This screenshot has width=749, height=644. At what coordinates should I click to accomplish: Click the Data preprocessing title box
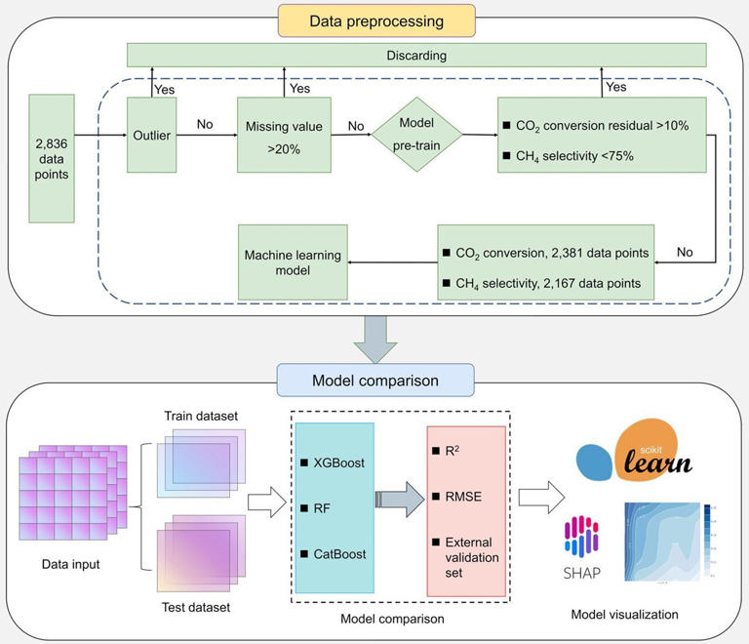click(x=375, y=20)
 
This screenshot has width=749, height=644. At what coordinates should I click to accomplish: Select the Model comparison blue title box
click(x=375, y=380)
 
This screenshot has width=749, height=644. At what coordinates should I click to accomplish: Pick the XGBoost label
click(x=338, y=462)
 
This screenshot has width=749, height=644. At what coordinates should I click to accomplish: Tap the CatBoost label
click(x=337, y=553)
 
